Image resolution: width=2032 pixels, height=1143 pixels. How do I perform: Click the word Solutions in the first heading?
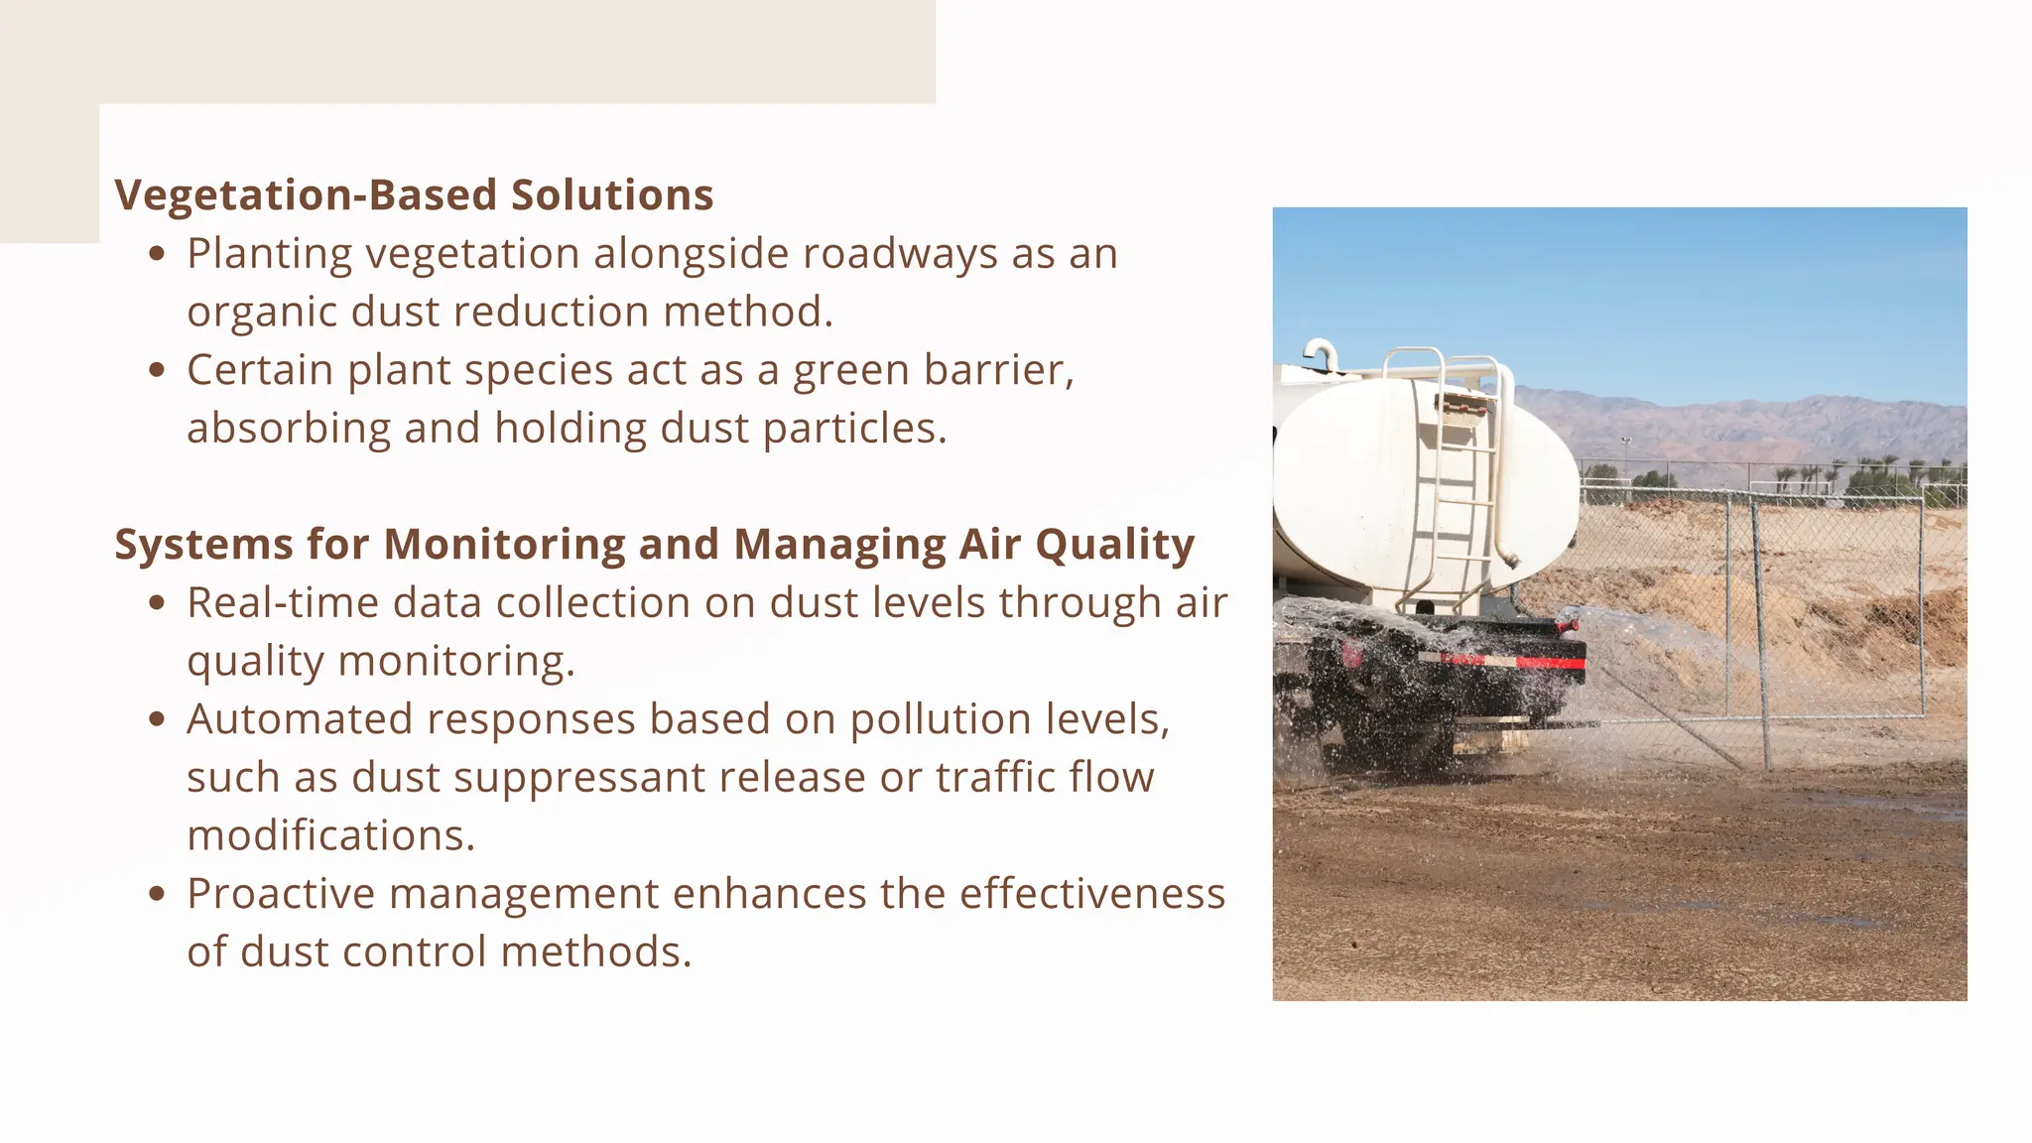pos(612,195)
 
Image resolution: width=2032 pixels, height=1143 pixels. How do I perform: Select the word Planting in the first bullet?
pos(269,254)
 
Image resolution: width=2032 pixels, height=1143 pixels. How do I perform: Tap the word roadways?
pos(900,254)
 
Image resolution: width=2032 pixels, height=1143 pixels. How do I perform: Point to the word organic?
pos(261,313)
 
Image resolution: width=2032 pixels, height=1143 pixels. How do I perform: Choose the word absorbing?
pos(289,429)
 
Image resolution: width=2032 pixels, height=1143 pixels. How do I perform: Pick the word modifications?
pos(330,835)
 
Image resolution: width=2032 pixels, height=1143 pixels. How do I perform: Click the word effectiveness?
pos(1091,894)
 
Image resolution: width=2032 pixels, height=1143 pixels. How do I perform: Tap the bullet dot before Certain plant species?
pos(156,370)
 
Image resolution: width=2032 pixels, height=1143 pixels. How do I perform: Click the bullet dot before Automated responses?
pos(156,719)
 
